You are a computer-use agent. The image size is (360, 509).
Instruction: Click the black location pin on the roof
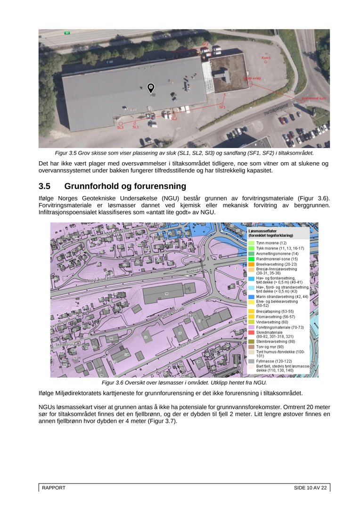point(151,88)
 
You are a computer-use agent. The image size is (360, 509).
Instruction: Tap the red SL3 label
point(120,127)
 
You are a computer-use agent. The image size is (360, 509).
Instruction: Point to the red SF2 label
point(205,44)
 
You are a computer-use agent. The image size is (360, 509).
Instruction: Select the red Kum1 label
point(266,57)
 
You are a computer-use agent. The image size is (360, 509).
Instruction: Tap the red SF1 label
point(222,107)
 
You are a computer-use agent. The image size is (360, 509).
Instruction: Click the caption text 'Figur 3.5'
point(66,153)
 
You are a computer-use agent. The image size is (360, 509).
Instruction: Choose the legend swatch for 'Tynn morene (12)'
point(251,242)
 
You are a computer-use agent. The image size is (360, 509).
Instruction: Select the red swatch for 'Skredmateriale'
point(251,332)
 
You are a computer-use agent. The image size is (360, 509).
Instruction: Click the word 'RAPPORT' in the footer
point(54,488)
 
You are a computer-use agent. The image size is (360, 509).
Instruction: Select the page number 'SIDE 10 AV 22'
point(310,488)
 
